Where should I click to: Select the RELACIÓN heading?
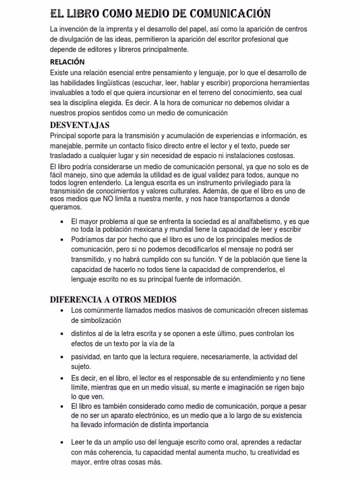[x=67, y=62]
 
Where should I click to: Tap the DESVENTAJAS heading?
[x=80, y=125]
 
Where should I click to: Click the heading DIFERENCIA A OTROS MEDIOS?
[x=113, y=300]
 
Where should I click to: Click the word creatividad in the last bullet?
[x=274, y=453]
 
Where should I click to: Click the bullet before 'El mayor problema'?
[x=62, y=221]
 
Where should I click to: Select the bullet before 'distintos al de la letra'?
[x=62, y=334]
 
